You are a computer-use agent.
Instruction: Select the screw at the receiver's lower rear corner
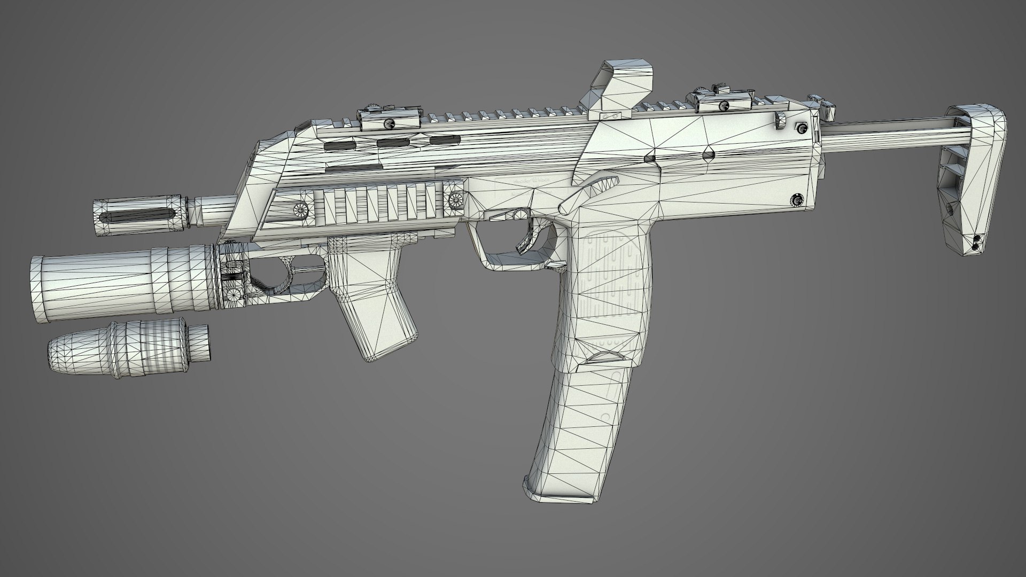[x=798, y=199]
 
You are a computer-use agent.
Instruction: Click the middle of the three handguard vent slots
[x=393, y=143]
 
